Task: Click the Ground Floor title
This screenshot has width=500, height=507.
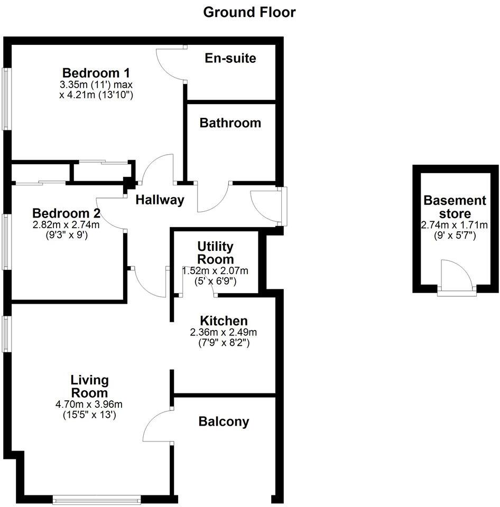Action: tap(249, 12)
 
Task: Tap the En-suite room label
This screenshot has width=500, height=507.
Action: tap(230, 58)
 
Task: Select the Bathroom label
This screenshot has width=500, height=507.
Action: tap(230, 123)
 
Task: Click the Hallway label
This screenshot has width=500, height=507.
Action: tap(160, 200)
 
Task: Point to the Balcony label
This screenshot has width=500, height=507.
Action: tap(224, 421)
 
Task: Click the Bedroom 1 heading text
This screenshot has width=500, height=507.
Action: tap(96, 73)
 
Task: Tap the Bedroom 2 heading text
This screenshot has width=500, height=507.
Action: tap(67, 213)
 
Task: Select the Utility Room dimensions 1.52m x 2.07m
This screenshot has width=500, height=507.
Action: tap(215, 271)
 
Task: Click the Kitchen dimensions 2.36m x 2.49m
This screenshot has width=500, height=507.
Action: tap(223, 333)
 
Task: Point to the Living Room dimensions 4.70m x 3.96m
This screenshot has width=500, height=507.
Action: tap(89, 405)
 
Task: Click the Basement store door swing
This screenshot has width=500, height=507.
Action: tap(456, 275)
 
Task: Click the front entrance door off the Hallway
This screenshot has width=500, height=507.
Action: tap(267, 206)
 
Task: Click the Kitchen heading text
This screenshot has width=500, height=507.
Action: tap(224, 321)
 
